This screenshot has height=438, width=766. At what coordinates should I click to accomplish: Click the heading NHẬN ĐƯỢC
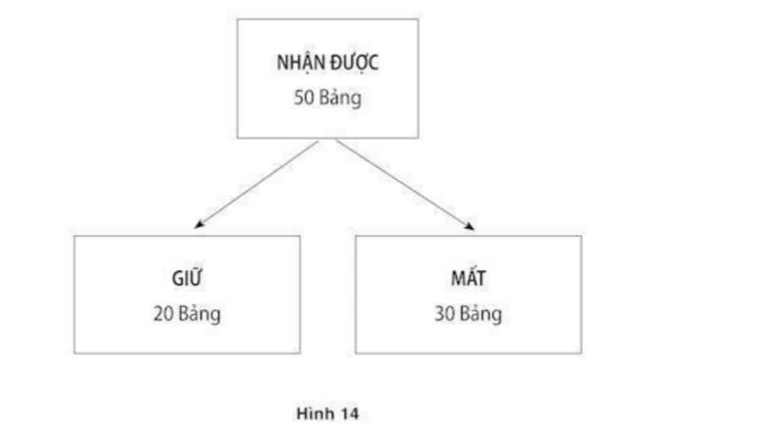click(x=327, y=63)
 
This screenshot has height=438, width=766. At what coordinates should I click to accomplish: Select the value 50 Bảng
click(x=327, y=97)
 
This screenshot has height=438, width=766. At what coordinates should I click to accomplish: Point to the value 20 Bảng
click(x=187, y=313)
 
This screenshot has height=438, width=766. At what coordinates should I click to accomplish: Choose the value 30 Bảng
click(x=468, y=313)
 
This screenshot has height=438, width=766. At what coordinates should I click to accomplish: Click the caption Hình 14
click(x=327, y=414)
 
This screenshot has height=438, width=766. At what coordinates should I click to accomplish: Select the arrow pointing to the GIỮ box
click(x=257, y=184)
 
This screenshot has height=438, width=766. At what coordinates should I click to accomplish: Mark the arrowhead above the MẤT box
click(x=470, y=226)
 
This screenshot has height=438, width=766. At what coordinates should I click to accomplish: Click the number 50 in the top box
click(x=303, y=97)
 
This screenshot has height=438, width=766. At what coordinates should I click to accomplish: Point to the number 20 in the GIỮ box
click(x=163, y=313)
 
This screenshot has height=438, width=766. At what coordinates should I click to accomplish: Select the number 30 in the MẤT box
click(x=445, y=313)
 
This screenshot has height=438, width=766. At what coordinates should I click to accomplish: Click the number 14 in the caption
click(x=349, y=414)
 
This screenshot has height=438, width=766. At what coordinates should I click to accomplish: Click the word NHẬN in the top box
click(x=301, y=63)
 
